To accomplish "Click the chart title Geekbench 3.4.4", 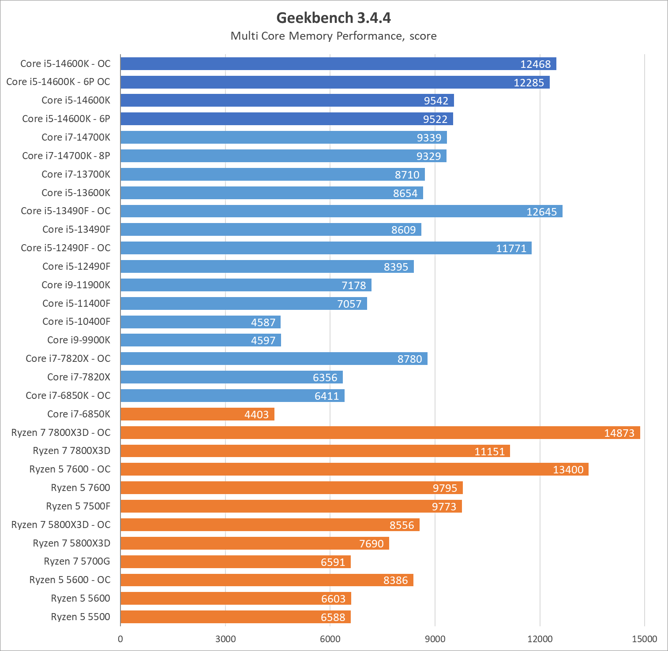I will point(334,18).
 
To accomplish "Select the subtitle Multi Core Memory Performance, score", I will point(334,36).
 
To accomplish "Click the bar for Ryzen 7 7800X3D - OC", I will point(379,432).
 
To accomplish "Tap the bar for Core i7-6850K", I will point(197,414).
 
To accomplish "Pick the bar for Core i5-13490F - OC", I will point(341,211).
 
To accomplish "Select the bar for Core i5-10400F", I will point(200,322).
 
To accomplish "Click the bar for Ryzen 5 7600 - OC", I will point(354,469).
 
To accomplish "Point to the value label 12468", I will point(535,64).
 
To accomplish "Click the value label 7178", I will point(353,286).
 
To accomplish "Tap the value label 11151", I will point(489,452).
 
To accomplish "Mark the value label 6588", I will point(333,618).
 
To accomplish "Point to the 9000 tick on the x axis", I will point(435,639).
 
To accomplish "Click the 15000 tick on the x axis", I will point(644,639).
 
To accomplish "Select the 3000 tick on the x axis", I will point(225,639).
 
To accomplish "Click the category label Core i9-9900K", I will point(79,340).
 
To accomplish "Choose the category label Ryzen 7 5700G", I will point(77,561).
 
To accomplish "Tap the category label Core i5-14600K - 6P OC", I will point(58,82).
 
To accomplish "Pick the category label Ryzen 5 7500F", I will point(78,506).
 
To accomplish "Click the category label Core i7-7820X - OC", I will point(68,358).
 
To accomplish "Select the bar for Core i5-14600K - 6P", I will point(286,119).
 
